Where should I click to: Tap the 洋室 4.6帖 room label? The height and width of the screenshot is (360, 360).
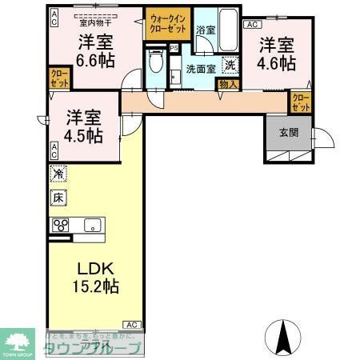(x=274, y=53)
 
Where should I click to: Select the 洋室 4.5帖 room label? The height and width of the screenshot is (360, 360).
(x=83, y=125)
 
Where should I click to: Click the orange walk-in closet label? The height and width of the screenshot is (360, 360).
(x=166, y=18)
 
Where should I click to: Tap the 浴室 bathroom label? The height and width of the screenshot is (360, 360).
(x=205, y=30)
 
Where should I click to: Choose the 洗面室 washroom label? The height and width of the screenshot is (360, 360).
(x=200, y=69)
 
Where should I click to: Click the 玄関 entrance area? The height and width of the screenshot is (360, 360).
(x=288, y=133)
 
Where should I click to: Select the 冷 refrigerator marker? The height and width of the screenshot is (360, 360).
(x=58, y=173)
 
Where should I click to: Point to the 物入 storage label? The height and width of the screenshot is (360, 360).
(x=226, y=82)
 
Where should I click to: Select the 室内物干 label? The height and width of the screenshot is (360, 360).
(x=94, y=22)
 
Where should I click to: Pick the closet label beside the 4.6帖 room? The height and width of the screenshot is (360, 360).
(x=299, y=102)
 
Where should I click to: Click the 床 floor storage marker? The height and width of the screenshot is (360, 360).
(x=58, y=196)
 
